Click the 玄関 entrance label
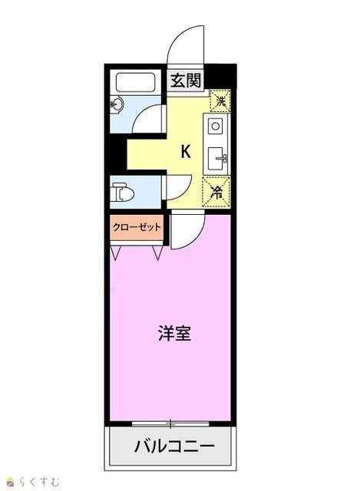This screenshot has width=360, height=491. coord(186,81)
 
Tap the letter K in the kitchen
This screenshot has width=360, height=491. coord(186,152)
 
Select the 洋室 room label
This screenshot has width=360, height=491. coord(174,333)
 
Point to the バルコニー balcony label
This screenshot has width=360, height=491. coord(174,446)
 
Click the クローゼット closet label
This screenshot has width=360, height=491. coord(137,227)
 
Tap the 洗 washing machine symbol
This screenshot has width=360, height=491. coord(220,101)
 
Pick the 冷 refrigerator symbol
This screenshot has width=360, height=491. coord(216,192)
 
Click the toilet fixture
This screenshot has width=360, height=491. coord(122,193)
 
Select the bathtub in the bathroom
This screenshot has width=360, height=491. coord(135,82)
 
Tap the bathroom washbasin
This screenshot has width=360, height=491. coord(117,104)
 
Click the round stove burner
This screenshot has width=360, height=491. coord(215,126)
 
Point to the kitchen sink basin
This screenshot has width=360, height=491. coord(216,159)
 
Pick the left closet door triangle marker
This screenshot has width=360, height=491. coord(116,252)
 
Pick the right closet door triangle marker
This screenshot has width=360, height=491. coord(157,252)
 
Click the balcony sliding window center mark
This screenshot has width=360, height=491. coord(170,423)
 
